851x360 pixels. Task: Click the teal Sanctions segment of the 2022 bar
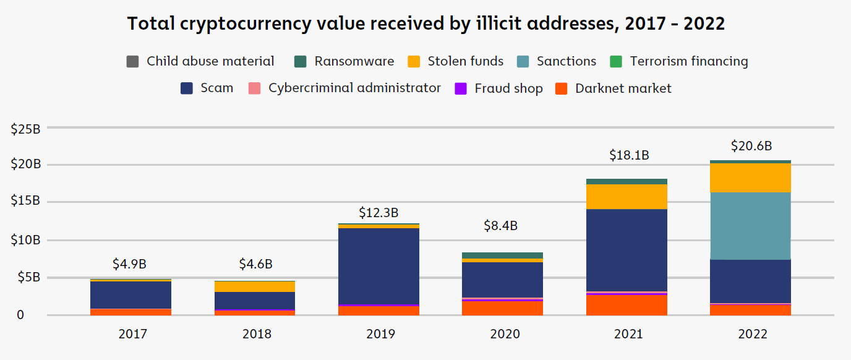click(750, 226)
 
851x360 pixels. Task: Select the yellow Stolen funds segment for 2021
click(626, 197)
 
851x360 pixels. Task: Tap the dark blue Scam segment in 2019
click(378, 266)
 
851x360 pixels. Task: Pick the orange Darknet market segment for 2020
click(502, 308)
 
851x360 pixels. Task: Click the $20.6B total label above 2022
click(750, 147)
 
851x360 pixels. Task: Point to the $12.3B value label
click(378, 212)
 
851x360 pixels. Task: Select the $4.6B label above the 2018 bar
click(255, 264)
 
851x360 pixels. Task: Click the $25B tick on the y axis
click(26, 129)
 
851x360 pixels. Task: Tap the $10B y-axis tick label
click(26, 240)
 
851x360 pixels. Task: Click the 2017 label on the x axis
click(131, 334)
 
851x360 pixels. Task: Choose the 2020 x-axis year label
click(502, 334)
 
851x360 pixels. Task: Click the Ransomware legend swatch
click(301, 62)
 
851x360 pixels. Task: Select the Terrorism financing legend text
click(689, 61)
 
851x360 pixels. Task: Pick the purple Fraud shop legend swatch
click(461, 88)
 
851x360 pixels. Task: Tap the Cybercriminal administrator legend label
click(354, 88)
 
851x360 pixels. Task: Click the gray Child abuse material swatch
click(132, 62)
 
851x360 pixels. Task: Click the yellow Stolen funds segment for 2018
click(255, 287)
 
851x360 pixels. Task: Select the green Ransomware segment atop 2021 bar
click(626, 181)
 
